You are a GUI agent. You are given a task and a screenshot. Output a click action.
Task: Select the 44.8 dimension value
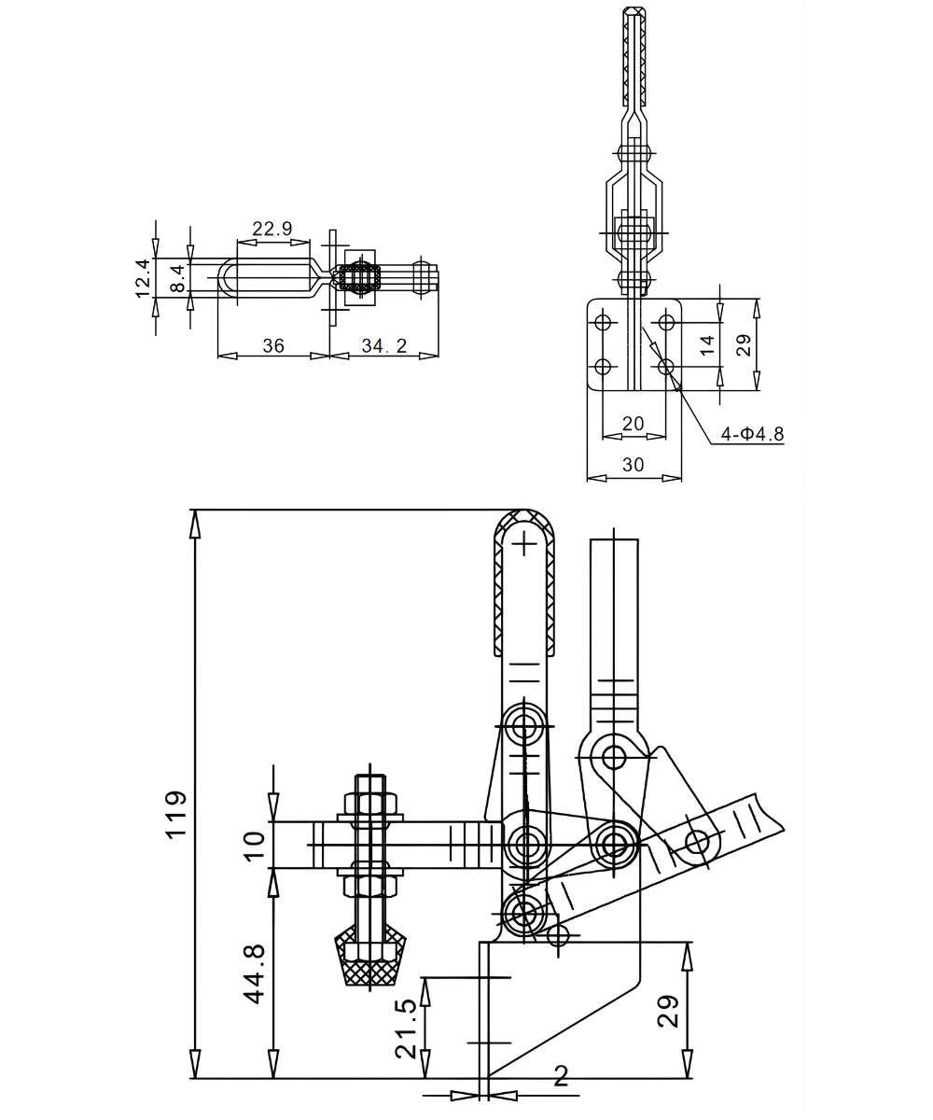pyautogui.click(x=255, y=973)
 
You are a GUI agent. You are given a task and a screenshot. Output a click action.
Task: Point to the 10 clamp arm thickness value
pyautogui.click(x=255, y=845)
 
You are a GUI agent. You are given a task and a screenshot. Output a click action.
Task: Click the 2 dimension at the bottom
pyautogui.click(x=561, y=1076)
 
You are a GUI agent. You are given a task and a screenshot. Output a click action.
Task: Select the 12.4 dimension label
pyautogui.click(x=142, y=278)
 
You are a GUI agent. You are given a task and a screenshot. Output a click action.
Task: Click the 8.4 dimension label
pyautogui.click(x=177, y=276)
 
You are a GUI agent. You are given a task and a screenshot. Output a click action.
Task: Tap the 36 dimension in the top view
pyautogui.click(x=272, y=345)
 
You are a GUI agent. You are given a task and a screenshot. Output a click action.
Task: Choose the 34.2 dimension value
pyautogui.click(x=384, y=345)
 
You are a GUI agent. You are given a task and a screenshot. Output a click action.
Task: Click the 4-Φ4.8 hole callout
pyautogui.click(x=752, y=433)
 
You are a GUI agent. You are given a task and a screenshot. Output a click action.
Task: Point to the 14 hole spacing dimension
pyautogui.click(x=707, y=345)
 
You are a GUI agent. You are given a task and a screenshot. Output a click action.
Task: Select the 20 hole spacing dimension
pyautogui.click(x=633, y=423)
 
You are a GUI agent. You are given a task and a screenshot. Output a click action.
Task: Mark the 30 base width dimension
pyautogui.click(x=633, y=465)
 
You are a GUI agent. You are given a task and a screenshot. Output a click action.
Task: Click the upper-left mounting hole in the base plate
pyautogui.click(x=603, y=323)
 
